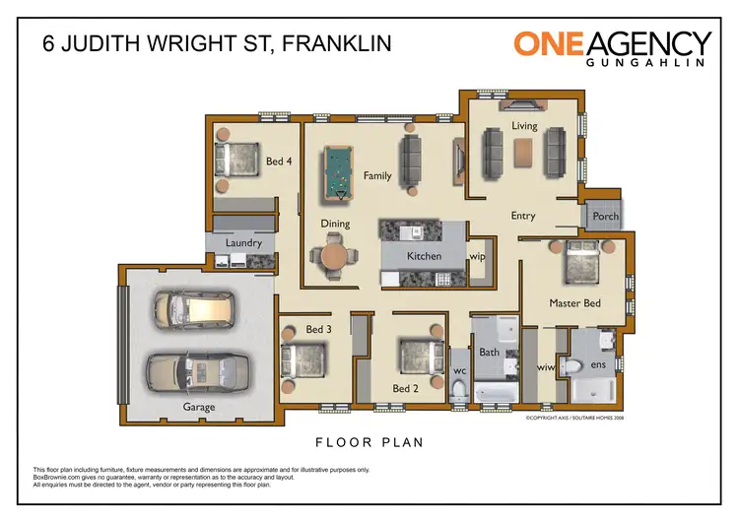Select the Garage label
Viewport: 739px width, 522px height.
[x=198, y=407]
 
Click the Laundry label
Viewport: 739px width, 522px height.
[x=243, y=242]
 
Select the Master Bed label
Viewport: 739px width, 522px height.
[x=574, y=303]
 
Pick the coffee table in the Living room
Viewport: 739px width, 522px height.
[x=522, y=151]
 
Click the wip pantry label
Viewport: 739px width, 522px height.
[x=478, y=256]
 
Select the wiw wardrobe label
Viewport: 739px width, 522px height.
[x=545, y=367]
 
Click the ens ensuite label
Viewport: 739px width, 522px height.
[x=597, y=365]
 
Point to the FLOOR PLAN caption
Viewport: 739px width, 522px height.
[x=369, y=442]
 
